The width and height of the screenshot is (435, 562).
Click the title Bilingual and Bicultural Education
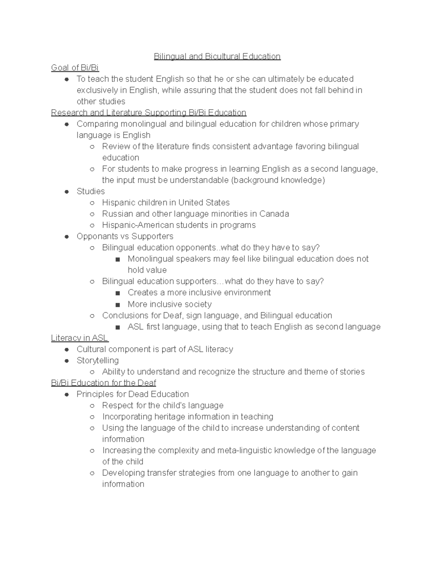tap(217, 56)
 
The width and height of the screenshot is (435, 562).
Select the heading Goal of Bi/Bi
tap(75, 68)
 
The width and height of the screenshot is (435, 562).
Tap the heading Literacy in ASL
tap(79, 338)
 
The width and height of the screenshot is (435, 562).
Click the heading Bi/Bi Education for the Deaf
tap(104, 383)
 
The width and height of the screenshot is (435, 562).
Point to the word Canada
tap(274, 214)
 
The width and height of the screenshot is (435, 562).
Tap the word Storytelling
tap(98, 360)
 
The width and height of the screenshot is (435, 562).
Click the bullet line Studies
tap(91, 191)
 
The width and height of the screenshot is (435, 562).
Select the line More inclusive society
tap(169, 304)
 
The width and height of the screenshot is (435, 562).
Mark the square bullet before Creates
tap(117, 293)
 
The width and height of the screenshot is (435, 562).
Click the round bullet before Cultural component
tap(66, 350)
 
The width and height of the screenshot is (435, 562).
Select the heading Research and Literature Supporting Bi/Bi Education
tap(149, 113)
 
